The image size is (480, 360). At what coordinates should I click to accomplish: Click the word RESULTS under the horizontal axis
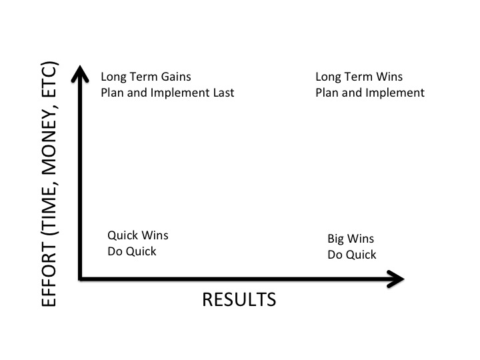pos(239,300)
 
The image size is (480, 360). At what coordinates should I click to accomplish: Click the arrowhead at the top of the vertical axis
pos(80,71)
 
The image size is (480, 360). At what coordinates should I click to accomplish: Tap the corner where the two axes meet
pos(80,278)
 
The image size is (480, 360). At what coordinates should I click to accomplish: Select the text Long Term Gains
pos(146,77)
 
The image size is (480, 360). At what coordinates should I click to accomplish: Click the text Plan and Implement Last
pos(167,93)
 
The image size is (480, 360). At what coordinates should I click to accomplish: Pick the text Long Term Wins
pos(359,77)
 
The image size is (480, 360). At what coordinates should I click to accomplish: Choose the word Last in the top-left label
pos(223,93)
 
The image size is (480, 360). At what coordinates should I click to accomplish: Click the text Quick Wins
pos(138,235)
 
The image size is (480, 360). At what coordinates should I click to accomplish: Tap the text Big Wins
pos(351,239)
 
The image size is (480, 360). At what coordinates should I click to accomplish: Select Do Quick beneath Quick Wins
pos(132,251)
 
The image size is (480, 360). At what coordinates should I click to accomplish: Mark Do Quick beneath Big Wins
pos(351,255)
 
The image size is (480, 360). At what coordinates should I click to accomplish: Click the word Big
pos(336,239)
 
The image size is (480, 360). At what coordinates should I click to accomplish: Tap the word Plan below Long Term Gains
pos(112,93)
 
